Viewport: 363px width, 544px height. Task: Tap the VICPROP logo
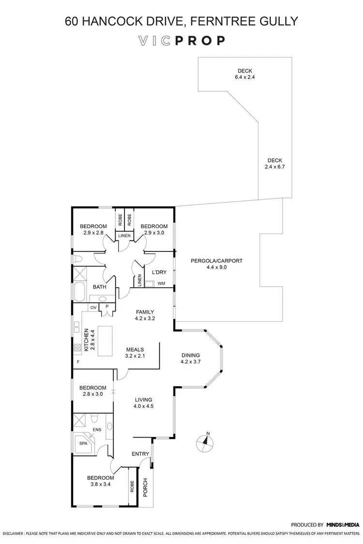[181, 41]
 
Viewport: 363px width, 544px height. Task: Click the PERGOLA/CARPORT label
[216, 261]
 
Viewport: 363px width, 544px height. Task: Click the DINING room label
[190, 355]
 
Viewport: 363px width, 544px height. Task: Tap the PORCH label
[145, 488]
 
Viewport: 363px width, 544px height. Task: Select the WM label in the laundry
[161, 283]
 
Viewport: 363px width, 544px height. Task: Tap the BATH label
[99, 287]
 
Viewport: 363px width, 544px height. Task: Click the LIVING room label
[144, 400]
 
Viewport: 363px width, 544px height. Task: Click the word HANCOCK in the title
[115, 21]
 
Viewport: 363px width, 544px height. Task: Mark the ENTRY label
[140, 454]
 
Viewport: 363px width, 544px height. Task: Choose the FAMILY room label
[144, 312]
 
